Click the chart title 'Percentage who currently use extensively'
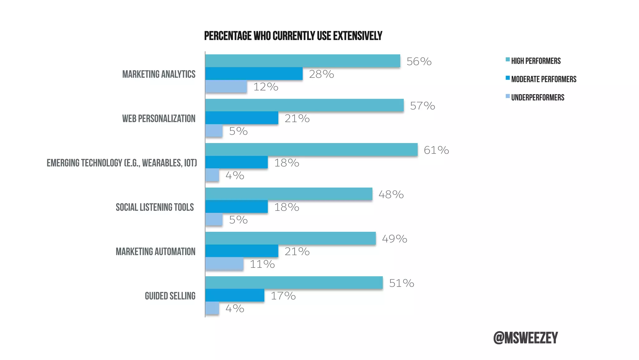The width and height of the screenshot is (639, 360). pyautogui.click(x=293, y=36)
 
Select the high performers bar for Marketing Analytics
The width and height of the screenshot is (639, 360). pyautogui.click(x=302, y=61)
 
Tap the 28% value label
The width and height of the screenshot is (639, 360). pyautogui.click(x=321, y=74)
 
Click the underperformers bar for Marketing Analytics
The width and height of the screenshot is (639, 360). pyautogui.click(x=226, y=87)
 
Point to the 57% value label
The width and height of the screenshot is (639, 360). pyautogui.click(x=422, y=106)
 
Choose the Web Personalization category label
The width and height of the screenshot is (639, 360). pyautogui.click(x=159, y=118)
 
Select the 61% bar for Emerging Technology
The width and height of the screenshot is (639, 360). pyautogui.click(x=311, y=150)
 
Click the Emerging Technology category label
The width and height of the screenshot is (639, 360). pyautogui.click(x=122, y=163)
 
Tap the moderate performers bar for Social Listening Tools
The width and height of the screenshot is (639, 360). pyautogui.click(x=236, y=207)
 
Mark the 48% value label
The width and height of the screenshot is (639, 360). pyautogui.click(x=391, y=194)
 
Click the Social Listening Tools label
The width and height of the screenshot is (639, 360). pyautogui.click(x=154, y=207)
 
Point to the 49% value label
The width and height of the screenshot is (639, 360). pyautogui.click(x=394, y=239)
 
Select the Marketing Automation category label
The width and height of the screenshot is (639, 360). pyautogui.click(x=155, y=252)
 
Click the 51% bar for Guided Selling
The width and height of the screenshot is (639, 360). pyautogui.click(x=294, y=282)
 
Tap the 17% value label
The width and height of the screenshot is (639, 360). pyautogui.click(x=283, y=296)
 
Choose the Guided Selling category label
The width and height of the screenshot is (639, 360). pyautogui.click(x=170, y=296)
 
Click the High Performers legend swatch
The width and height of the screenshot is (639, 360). pyautogui.click(x=508, y=59)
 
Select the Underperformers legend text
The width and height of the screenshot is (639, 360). pyautogui.click(x=538, y=97)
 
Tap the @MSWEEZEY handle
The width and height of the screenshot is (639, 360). pyautogui.click(x=525, y=338)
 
